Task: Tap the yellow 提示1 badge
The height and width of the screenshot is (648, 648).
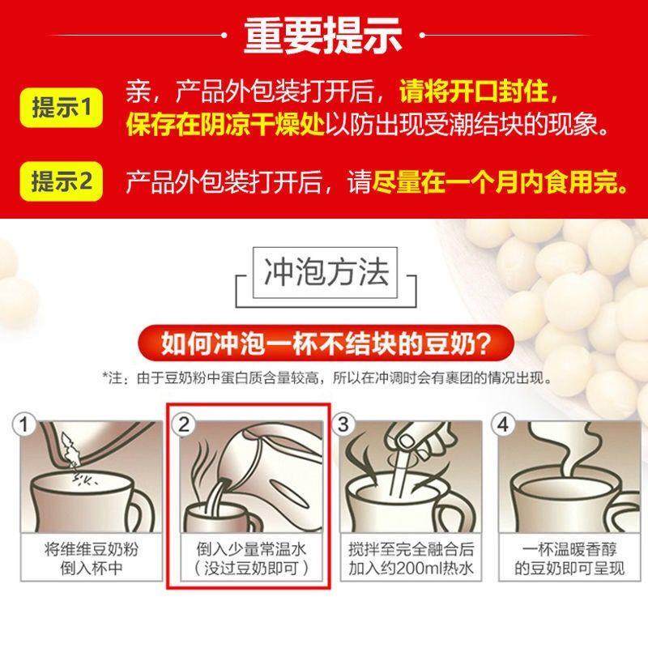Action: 65,109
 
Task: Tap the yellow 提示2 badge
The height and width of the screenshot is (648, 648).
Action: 65,180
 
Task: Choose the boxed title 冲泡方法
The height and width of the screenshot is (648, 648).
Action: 323,274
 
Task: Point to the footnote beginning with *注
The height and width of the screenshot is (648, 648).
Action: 324,377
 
